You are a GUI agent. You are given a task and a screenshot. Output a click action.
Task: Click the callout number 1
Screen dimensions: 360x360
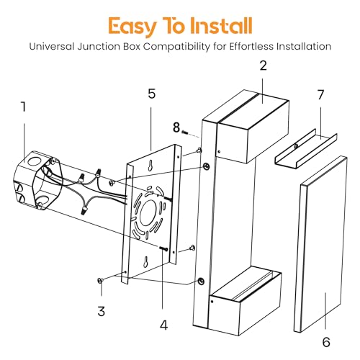[23, 107]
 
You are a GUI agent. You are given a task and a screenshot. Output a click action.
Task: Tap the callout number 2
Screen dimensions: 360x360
[264, 66]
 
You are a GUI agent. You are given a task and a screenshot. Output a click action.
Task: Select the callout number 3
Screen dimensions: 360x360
[102, 311]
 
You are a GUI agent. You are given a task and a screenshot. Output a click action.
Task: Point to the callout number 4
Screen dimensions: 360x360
[164, 325]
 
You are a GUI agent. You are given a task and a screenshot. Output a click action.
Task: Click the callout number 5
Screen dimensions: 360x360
[151, 94]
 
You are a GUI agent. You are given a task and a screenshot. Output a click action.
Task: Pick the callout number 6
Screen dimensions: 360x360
[326, 342]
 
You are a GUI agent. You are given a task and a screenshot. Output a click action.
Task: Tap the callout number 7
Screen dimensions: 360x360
[320, 95]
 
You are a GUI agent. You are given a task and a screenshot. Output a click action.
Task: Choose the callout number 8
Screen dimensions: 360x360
[176, 127]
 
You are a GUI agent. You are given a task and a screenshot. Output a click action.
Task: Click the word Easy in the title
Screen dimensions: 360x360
[132, 27]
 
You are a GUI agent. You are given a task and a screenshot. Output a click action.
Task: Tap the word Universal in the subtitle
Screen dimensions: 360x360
[52, 46]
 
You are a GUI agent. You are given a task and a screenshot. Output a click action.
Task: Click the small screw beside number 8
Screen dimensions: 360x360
[185, 132]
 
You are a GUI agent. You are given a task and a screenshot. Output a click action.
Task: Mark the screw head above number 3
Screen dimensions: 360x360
[100, 280]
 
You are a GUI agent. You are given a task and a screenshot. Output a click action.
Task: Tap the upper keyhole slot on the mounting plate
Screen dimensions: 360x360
[150, 165]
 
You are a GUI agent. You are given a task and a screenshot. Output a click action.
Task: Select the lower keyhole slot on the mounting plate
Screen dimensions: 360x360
[145, 261]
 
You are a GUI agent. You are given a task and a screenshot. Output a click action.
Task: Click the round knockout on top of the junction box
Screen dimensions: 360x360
[32, 161]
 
